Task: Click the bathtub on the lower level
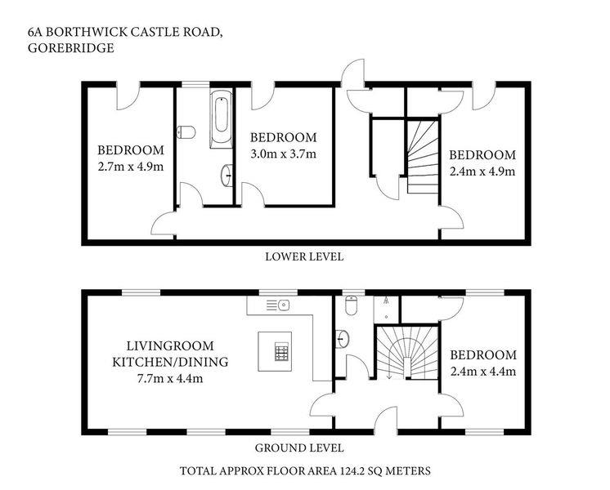pyautogui.click(x=222, y=119)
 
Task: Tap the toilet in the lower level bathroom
pyautogui.click(x=186, y=132)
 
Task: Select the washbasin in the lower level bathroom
pyautogui.click(x=227, y=176)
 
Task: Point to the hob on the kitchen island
pyautogui.click(x=281, y=352)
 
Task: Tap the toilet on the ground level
pyautogui.click(x=352, y=305)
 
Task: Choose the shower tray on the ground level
pyautogui.click(x=386, y=310)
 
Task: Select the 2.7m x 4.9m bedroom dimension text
pyautogui.click(x=131, y=167)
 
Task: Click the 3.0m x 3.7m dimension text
pyautogui.click(x=283, y=154)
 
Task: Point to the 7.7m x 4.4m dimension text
pyautogui.click(x=170, y=378)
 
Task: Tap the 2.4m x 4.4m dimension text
pyautogui.click(x=483, y=372)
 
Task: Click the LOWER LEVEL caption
pyautogui.click(x=305, y=257)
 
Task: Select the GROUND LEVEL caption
pyautogui.click(x=299, y=448)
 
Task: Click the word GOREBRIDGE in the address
pyautogui.click(x=71, y=48)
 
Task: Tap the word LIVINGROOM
pyautogui.click(x=170, y=345)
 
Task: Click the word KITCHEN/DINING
pyautogui.click(x=170, y=362)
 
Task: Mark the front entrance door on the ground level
pyautogui.click(x=385, y=420)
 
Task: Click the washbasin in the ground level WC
pyautogui.click(x=343, y=338)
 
